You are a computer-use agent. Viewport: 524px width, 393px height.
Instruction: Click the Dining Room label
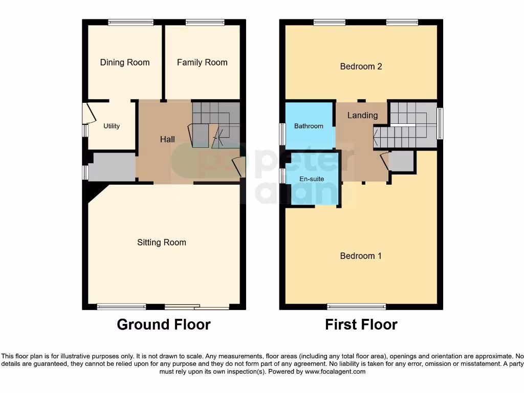click(125, 62)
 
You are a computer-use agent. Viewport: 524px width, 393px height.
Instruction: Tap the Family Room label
click(202, 62)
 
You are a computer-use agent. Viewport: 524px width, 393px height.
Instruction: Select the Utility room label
click(112, 126)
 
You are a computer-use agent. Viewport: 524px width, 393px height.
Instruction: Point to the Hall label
click(167, 139)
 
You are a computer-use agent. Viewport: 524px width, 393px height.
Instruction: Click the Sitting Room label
click(162, 243)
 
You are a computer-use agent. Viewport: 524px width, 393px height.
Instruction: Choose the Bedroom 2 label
click(361, 67)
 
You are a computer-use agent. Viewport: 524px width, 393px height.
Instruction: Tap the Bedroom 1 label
click(361, 256)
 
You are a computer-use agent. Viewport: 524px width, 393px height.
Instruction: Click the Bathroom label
click(309, 126)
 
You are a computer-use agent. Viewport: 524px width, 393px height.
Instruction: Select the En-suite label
click(312, 179)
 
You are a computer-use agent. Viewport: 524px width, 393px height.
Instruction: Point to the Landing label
click(362, 116)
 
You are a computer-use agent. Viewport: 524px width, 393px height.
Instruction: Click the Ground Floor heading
click(164, 324)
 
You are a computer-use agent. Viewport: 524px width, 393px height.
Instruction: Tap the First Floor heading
click(361, 324)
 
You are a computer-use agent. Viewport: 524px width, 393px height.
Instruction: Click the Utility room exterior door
click(89, 113)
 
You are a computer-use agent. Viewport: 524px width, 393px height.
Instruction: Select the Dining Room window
click(131, 22)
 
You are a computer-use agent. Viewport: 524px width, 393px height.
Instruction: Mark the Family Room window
click(205, 22)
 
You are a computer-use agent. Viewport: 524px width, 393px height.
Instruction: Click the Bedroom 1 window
click(357, 307)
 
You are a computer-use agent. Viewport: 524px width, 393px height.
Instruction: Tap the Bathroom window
click(282, 135)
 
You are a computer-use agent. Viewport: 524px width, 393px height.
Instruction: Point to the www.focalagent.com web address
click(335, 372)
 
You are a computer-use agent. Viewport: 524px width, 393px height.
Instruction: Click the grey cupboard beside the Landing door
click(401, 161)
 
